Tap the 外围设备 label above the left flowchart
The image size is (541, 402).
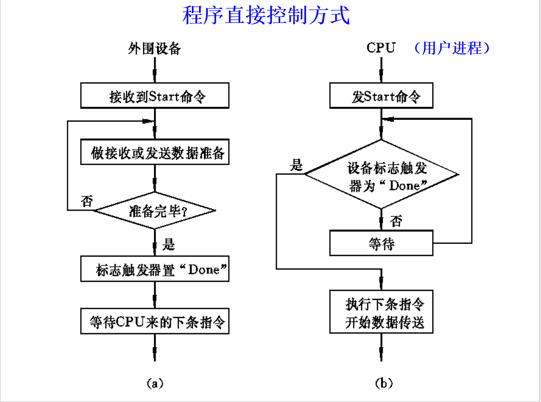tap(154, 48)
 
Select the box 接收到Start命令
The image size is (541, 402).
tap(155, 96)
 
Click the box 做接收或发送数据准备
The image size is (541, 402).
tap(155, 153)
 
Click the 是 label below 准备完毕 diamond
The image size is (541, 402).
tap(170, 244)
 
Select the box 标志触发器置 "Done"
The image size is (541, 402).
tap(155, 270)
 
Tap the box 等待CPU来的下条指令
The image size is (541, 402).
tap(155, 322)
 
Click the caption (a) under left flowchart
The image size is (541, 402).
tap(154, 383)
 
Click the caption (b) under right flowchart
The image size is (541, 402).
tap(383, 383)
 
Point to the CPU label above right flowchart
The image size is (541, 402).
tap(381, 48)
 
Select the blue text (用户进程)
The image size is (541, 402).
tap(452, 48)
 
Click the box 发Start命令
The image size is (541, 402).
tap(381, 96)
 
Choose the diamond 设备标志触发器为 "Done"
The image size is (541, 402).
tap(381, 175)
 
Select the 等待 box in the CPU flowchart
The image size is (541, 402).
tap(381, 244)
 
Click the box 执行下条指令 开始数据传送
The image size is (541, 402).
tap(381, 312)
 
